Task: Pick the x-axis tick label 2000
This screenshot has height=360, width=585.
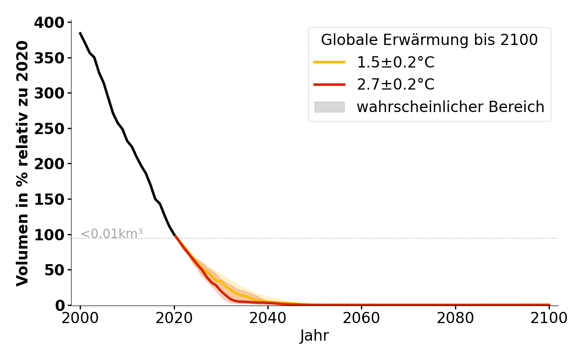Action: pos(80,319)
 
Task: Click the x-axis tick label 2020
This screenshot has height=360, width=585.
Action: pos(174,319)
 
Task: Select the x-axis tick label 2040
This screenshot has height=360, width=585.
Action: pos(268,319)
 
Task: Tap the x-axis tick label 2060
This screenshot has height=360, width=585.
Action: pos(362,319)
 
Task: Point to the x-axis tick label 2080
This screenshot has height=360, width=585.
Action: pos(455,319)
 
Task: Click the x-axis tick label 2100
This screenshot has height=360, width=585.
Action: pos(549,319)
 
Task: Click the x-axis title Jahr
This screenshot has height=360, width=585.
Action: pos(314,336)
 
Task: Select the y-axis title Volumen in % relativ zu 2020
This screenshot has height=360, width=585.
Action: pos(22,163)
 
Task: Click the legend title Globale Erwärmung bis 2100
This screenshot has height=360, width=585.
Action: pos(429,40)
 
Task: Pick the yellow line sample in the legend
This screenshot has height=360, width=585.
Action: pos(329,62)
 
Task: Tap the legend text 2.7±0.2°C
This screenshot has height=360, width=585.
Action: pos(396,85)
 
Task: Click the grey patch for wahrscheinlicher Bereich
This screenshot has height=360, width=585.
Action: pos(329,107)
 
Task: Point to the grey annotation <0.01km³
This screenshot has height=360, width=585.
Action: pos(112,234)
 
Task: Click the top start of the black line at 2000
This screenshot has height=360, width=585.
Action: pos(80,33)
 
